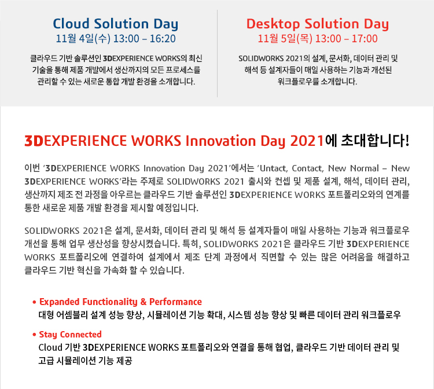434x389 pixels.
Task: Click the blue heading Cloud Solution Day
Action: coord(115,24)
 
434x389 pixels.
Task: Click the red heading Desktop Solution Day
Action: coord(318,24)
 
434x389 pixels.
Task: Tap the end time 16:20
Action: coord(163,39)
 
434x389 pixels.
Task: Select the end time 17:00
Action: coord(365,39)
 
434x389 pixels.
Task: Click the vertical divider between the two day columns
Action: coord(217,53)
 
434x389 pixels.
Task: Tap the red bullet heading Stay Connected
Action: coord(70,335)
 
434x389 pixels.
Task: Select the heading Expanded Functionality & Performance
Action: coord(120,302)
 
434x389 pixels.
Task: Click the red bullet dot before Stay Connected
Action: coord(34,335)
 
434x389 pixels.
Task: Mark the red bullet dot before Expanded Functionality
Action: coord(34,302)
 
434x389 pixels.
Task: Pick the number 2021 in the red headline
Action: coord(307,141)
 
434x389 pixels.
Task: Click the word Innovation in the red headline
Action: coord(221,141)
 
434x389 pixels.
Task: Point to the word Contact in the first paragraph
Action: coord(307,168)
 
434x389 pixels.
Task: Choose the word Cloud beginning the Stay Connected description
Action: coord(50,347)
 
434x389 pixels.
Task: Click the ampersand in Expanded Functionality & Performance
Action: coord(144,302)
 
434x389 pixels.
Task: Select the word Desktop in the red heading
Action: coord(273,24)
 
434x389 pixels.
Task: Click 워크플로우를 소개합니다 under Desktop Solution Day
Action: coord(318,82)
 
